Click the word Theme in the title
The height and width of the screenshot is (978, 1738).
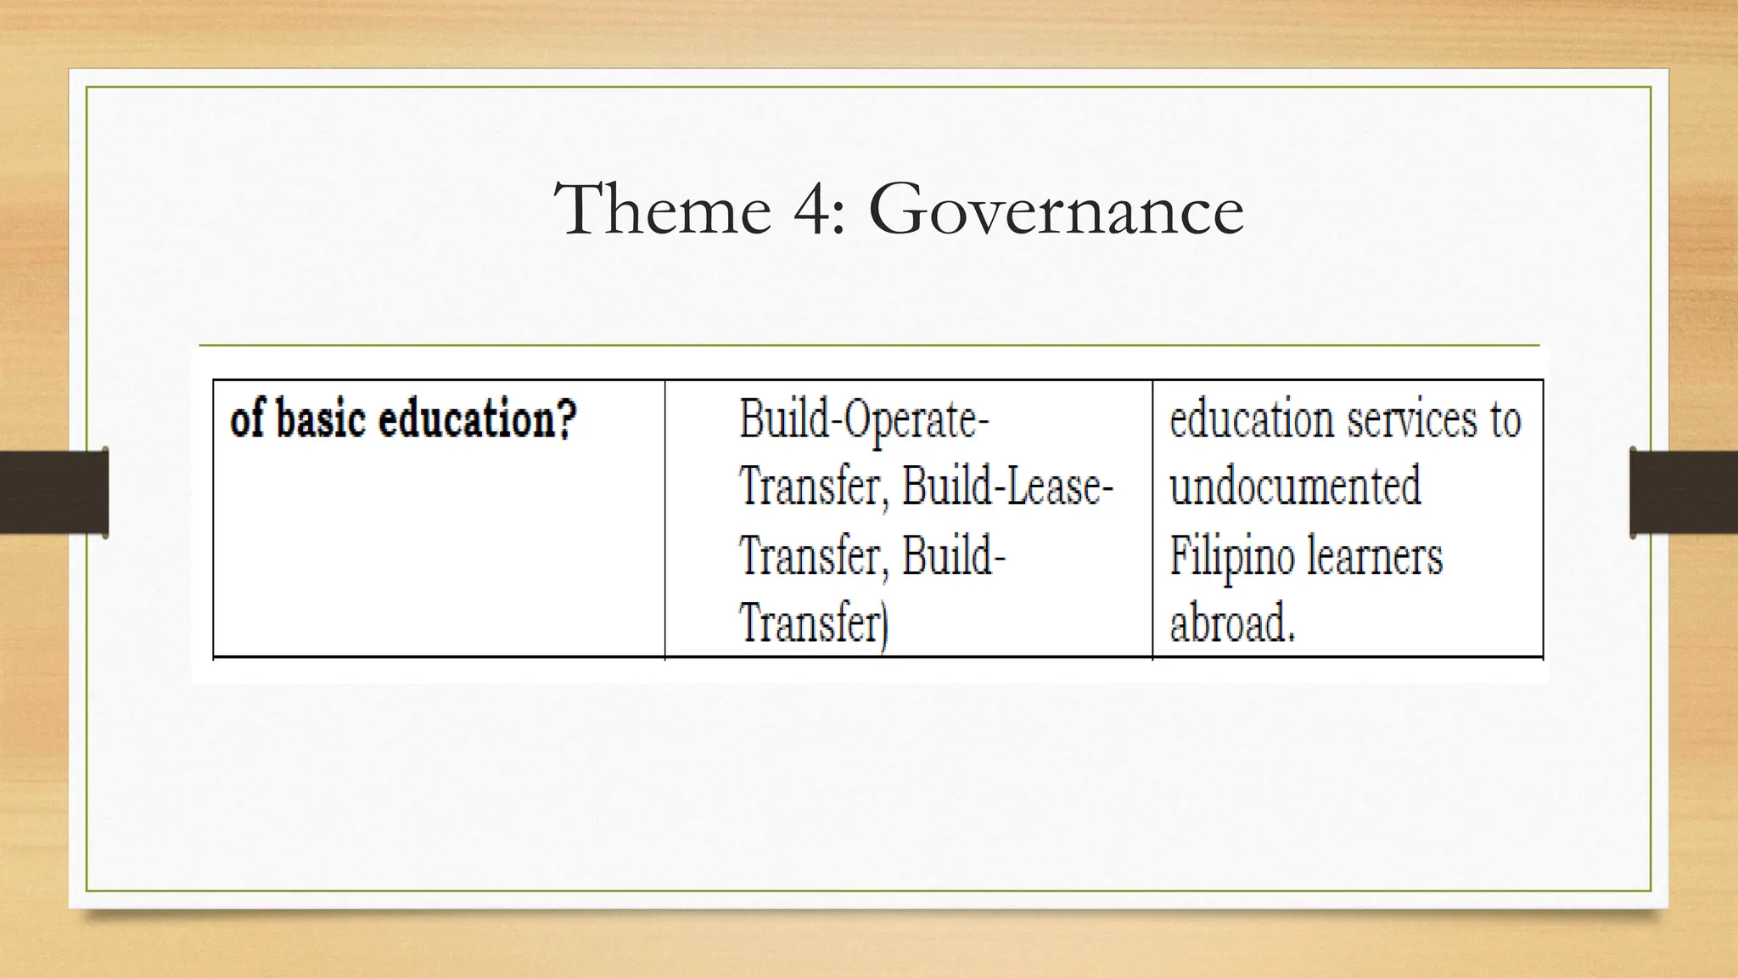point(662,210)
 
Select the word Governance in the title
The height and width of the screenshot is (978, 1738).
point(1056,210)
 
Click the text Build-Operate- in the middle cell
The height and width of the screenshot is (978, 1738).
point(864,419)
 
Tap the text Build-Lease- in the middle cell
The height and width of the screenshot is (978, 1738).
point(1007,487)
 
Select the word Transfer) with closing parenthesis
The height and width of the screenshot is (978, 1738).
point(813,624)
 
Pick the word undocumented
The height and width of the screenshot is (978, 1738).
point(1295,487)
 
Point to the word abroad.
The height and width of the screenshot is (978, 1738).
point(1232,624)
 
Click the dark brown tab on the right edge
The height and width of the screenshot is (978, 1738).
point(1684,492)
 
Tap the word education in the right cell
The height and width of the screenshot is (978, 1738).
point(1253,419)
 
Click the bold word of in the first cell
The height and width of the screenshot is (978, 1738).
point(247,419)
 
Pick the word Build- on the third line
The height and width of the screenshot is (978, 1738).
point(953,556)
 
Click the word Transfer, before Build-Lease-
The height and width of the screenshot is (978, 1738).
point(813,487)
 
